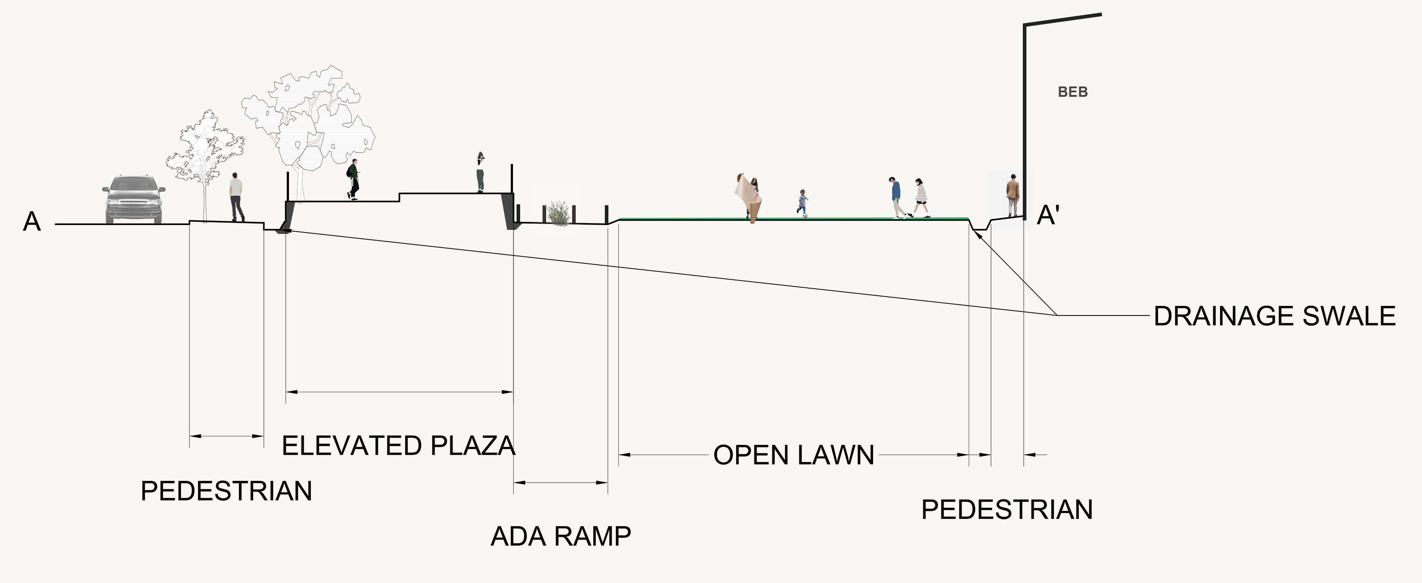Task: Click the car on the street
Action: [x=134, y=199]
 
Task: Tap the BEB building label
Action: [x=1072, y=92]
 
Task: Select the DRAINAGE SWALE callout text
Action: [x=1274, y=316]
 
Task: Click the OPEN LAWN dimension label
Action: [x=793, y=455]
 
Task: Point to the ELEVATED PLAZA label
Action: [x=398, y=445]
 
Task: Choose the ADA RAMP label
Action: [x=560, y=536]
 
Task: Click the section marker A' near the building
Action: [x=1047, y=215]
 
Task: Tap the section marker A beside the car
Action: [x=32, y=222]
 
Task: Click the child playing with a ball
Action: [x=802, y=203]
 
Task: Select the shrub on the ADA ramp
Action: [x=559, y=214]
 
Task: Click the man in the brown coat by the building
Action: [x=1012, y=194]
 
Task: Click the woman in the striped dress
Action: [x=920, y=198]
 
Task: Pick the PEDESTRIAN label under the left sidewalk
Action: [x=226, y=491]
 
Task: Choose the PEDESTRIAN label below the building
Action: [x=1006, y=509]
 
